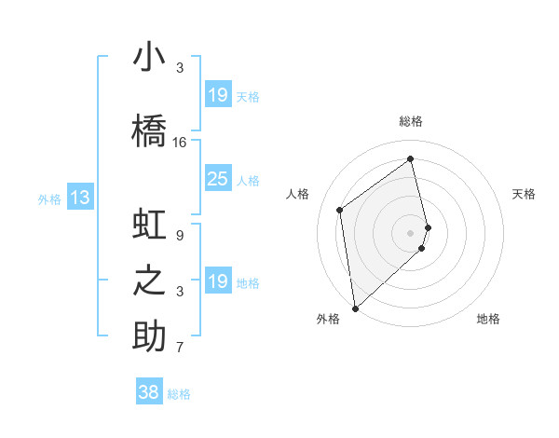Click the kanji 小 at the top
pos(149,58)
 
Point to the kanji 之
pos(149,281)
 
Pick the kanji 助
pos(149,336)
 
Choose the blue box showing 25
pos(217,179)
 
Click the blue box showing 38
pos(149,392)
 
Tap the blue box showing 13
pos(79,198)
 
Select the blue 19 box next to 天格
pos(217,95)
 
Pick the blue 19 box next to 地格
pos(217,281)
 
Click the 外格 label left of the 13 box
pos(49,198)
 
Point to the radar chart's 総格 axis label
pos(411,121)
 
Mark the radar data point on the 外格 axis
pos(355,308)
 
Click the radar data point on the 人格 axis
pos(340,210)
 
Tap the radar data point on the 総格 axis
pos(411,158)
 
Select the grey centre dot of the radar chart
pos(411,232)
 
